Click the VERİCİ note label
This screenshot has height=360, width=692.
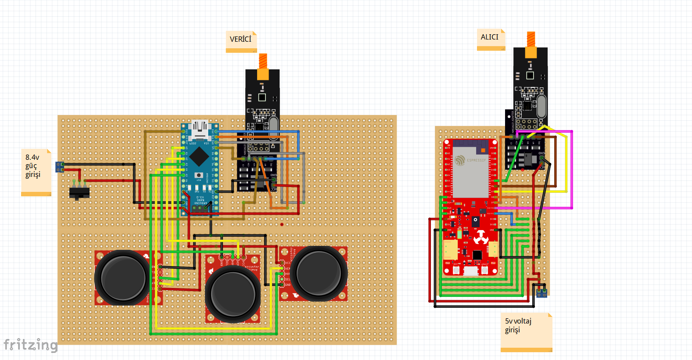tap(241, 40)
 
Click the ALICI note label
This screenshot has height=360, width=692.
tap(490, 38)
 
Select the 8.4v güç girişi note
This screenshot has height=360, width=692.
tap(36, 171)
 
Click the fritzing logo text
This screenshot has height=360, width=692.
tap(30, 345)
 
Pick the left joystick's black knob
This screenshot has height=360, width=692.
tap(123, 277)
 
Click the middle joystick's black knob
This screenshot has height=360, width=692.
tap(233, 295)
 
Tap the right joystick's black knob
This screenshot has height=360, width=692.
tap(319, 273)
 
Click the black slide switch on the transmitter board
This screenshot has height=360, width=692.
tap(79, 193)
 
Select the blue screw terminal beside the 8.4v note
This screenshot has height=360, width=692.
tap(60, 167)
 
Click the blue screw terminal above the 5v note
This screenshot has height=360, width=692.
tap(541, 292)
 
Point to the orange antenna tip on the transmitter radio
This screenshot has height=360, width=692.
tap(263, 61)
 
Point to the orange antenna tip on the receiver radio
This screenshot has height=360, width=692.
tap(531, 38)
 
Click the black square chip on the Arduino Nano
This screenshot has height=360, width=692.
tap(199, 155)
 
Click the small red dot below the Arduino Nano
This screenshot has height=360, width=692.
tap(282, 224)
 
